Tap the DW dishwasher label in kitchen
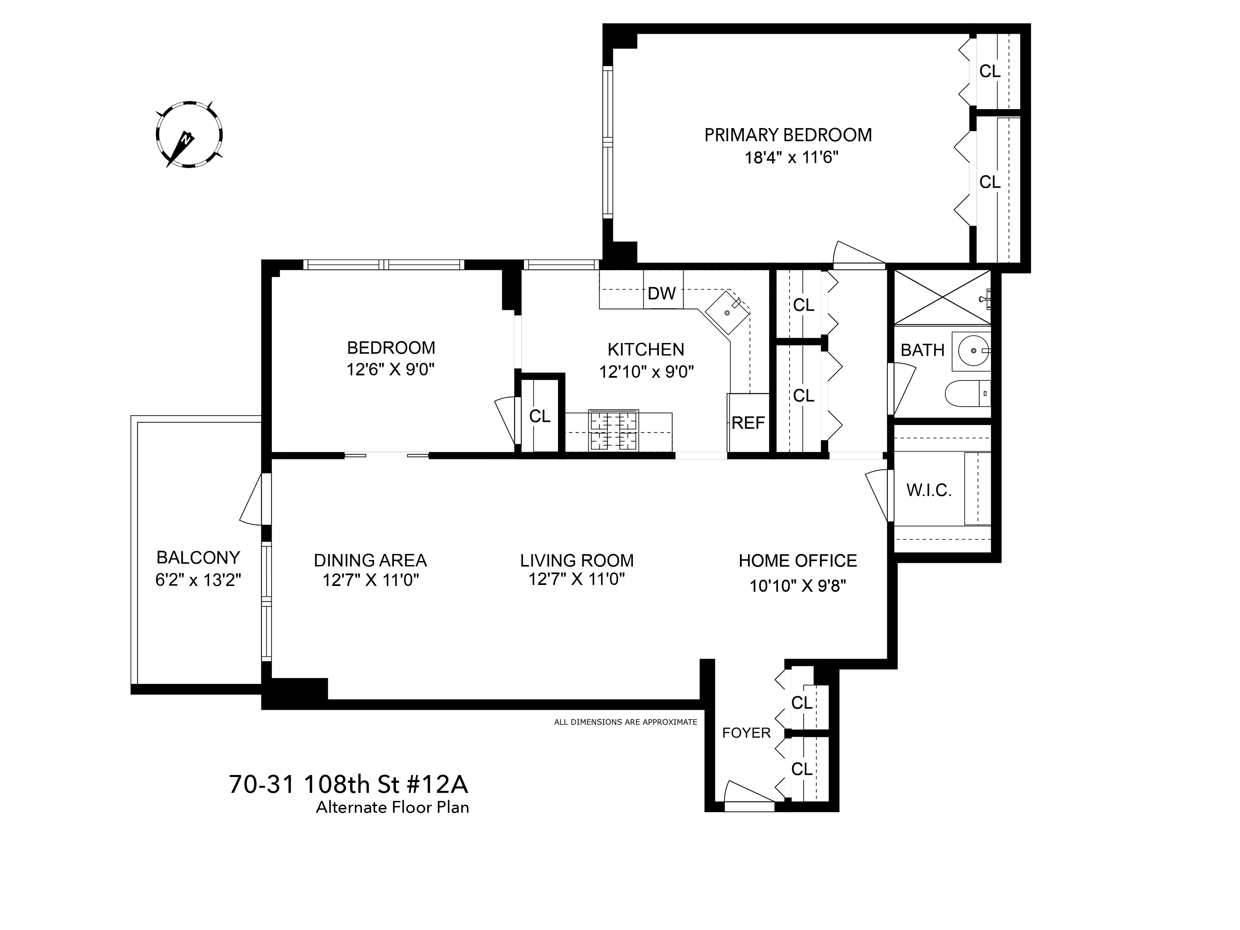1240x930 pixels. point(662,293)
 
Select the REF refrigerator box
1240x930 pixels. point(748,423)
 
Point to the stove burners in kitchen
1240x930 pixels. point(613,431)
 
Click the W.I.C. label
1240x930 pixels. point(929,491)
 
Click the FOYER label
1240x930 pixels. point(746,733)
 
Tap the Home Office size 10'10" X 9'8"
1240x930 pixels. point(798,586)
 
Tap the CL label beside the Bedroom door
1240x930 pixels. point(540,416)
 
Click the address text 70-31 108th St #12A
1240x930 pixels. point(348,784)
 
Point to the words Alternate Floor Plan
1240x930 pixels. point(393,808)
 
